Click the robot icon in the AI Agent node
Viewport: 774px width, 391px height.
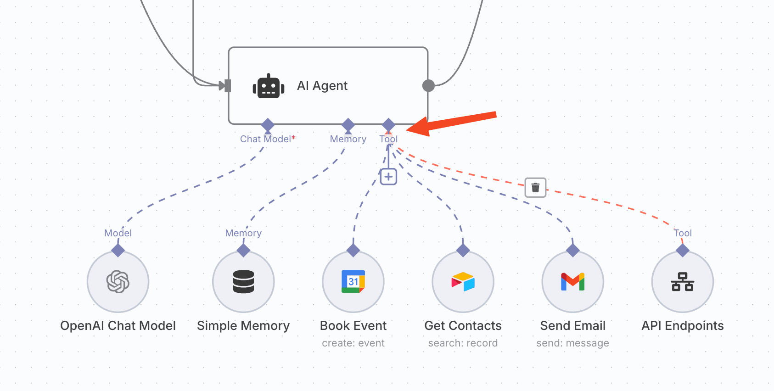(x=269, y=86)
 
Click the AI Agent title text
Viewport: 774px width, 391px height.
(x=322, y=86)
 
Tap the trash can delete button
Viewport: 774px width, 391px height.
(x=535, y=187)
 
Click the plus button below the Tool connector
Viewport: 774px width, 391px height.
(x=388, y=177)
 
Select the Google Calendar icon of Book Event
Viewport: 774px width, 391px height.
(x=353, y=281)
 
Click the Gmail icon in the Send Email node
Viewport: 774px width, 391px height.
(x=572, y=281)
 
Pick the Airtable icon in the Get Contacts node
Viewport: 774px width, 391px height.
(x=463, y=281)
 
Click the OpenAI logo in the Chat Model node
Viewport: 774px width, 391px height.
(x=118, y=281)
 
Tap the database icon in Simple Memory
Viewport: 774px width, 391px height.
(x=243, y=281)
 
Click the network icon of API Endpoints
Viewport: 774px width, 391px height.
(x=683, y=281)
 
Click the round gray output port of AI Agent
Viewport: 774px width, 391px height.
(x=428, y=85)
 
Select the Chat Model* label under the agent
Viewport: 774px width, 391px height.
(x=268, y=139)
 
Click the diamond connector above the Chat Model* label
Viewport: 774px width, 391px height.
(x=268, y=124)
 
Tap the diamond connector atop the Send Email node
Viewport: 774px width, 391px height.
(x=572, y=250)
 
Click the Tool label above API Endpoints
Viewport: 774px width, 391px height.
(x=683, y=233)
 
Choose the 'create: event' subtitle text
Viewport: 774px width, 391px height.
(x=353, y=343)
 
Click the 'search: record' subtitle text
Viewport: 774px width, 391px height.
(x=463, y=343)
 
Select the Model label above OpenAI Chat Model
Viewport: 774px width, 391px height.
(x=118, y=233)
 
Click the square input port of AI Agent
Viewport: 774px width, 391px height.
(x=227, y=85)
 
